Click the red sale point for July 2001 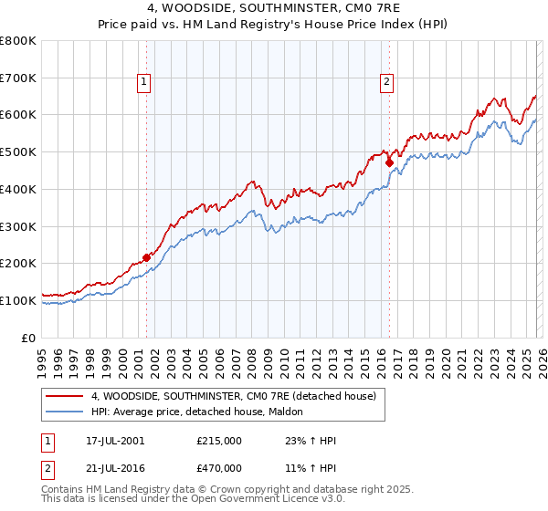pos(146,257)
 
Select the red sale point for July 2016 pos(389,163)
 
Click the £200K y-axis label pos(18,263)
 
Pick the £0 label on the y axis pos(27,338)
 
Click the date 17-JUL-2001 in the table pos(111,441)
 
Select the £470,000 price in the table pos(219,467)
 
